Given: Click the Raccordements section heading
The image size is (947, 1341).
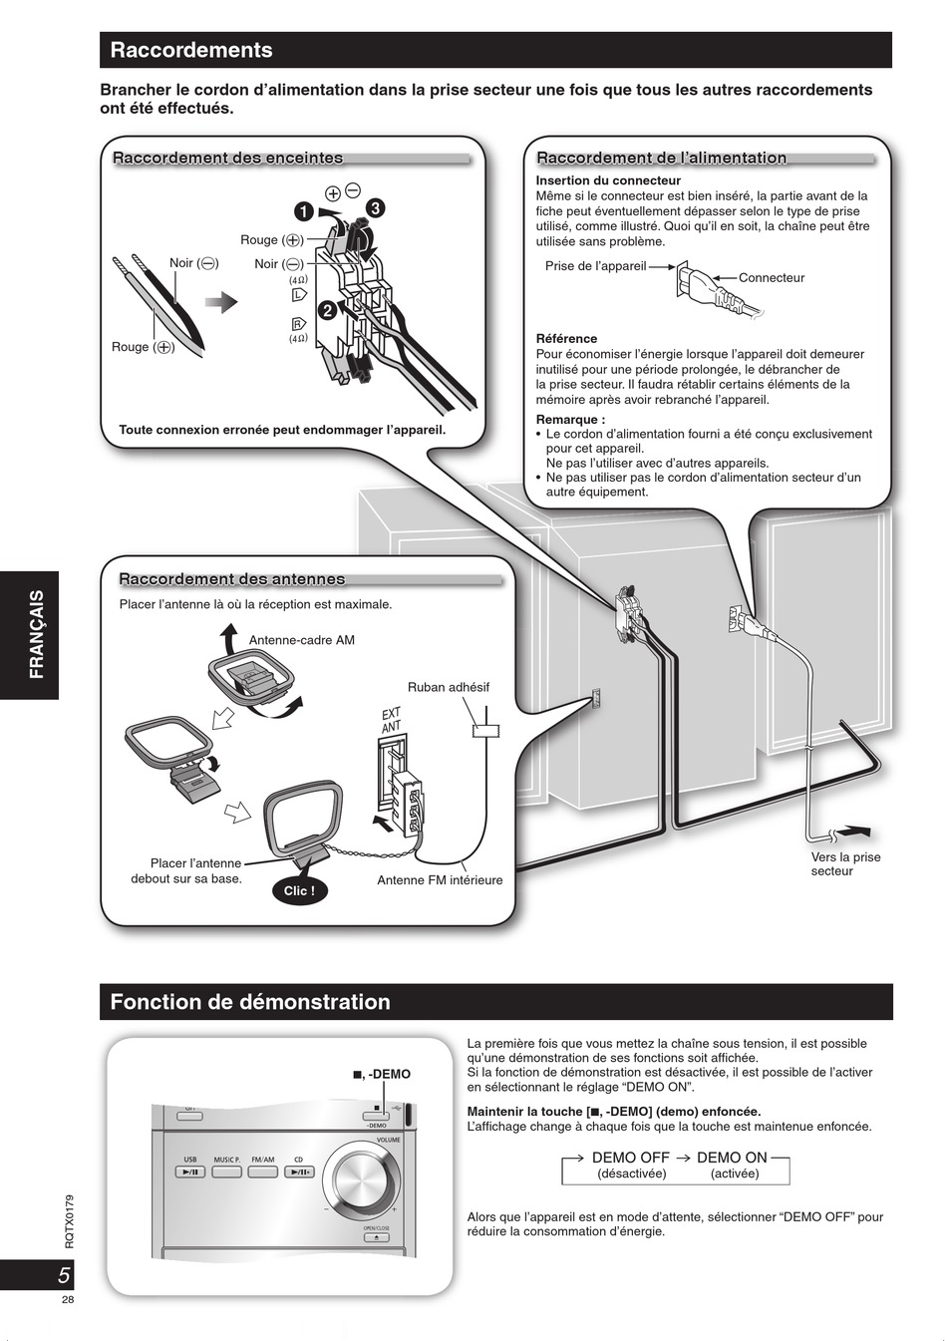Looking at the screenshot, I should coord(191,50).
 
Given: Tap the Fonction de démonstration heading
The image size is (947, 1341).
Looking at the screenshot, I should coord(250,1002).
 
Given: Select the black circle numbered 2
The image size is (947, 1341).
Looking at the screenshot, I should coord(326,310).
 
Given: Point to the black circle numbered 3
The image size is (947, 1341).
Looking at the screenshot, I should coord(375,208).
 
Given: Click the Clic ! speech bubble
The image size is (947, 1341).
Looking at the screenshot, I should coord(299,890).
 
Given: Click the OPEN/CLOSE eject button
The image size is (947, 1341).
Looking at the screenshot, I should coord(376,1238).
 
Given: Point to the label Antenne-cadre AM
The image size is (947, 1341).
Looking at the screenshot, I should coord(302,640).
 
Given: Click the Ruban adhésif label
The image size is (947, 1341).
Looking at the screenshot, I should coord(449,687).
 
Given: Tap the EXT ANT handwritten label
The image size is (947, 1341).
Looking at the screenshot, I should coord(392,720).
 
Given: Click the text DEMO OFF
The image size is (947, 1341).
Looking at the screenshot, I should coord(631,1158).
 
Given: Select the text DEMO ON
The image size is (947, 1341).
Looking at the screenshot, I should coord(733,1158).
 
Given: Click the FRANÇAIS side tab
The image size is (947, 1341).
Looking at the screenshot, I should coord(36,634).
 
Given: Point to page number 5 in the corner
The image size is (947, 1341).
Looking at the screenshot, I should coord(62,1275).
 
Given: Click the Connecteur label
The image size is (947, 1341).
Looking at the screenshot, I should coord(772,278).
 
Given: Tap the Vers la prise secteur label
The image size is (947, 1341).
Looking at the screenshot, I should coord(845,863).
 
